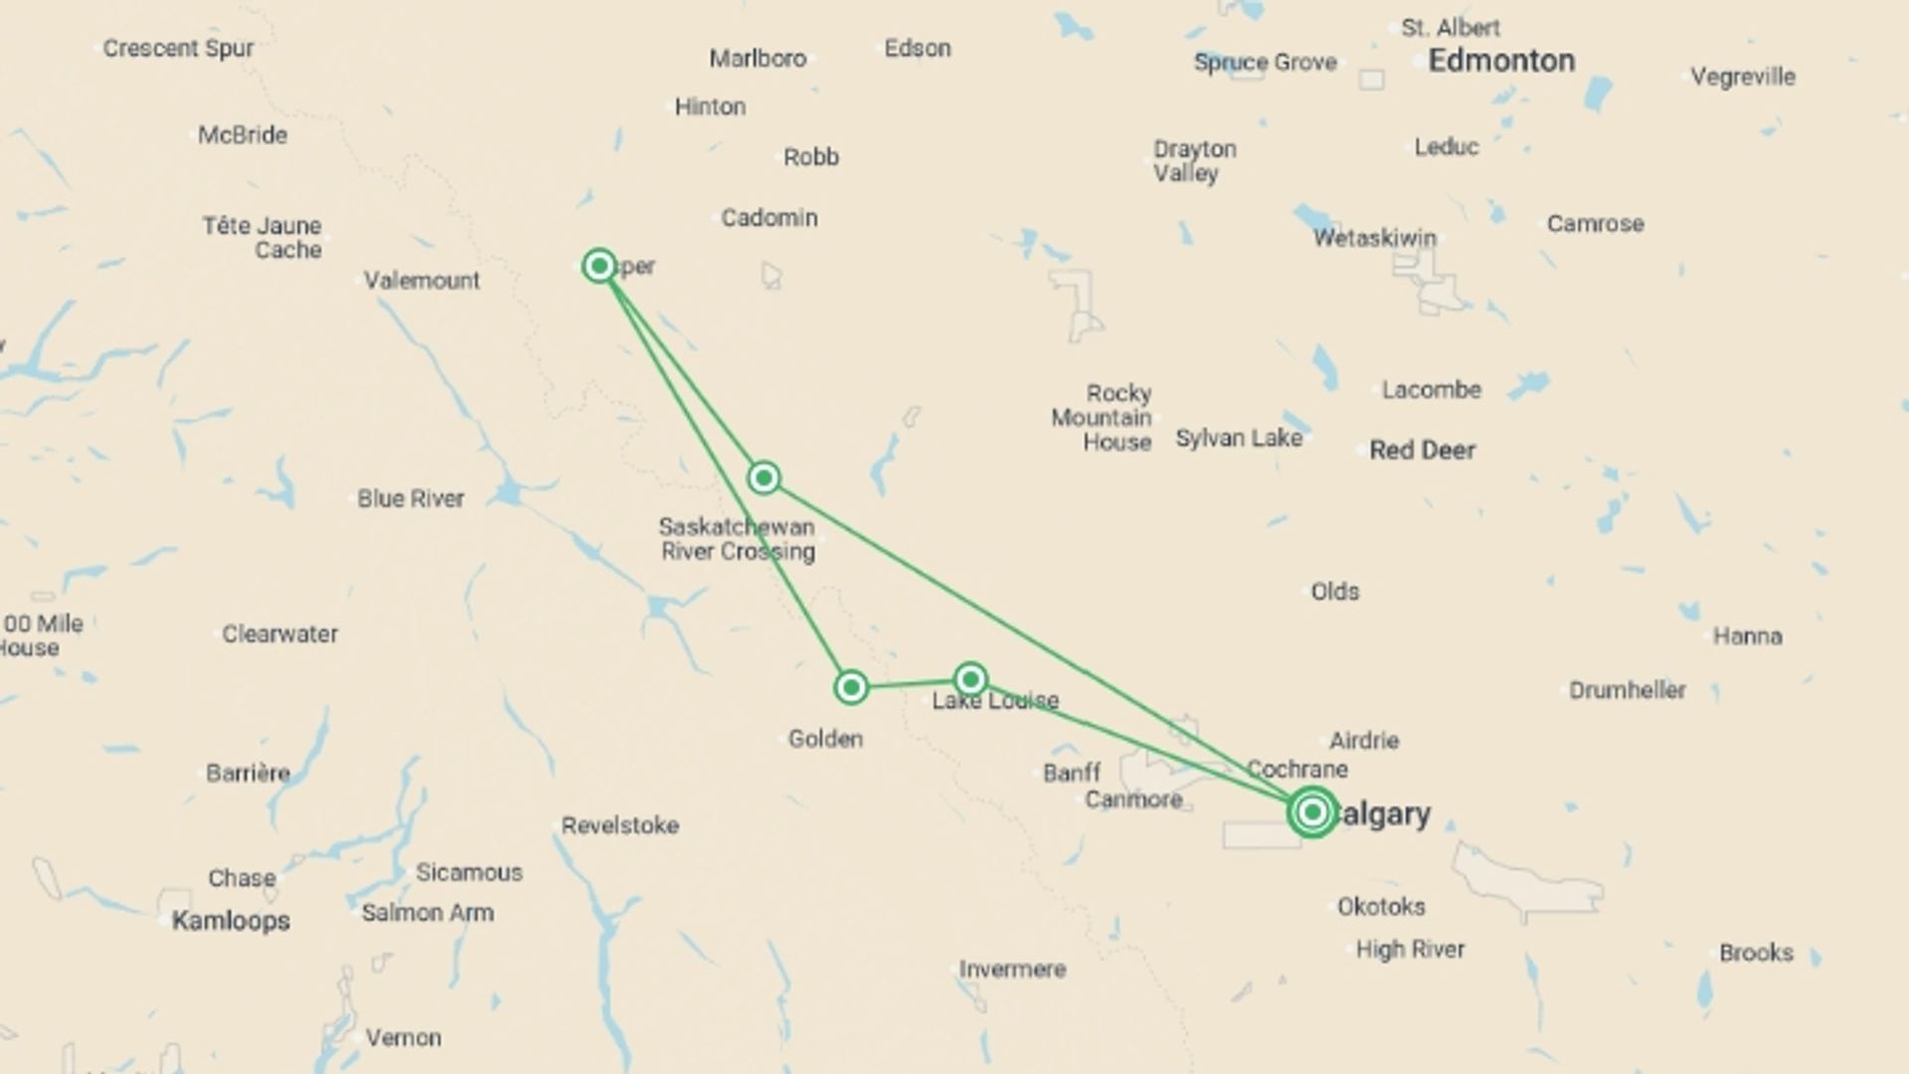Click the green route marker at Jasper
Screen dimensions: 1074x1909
[x=599, y=266]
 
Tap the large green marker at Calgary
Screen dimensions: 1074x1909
[x=1312, y=812]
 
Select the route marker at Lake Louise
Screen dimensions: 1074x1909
[x=970, y=679]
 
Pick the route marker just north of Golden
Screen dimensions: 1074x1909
[x=851, y=687]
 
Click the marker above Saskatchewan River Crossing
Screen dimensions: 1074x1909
[x=764, y=478]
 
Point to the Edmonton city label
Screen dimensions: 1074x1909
[x=1501, y=62]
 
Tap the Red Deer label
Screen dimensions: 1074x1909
[x=1422, y=450]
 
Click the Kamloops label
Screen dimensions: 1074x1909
[x=231, y=921]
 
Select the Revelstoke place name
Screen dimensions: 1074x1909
[x=619, y=825]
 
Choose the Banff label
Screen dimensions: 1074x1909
[x=1071, y=773]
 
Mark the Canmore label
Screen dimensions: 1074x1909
[x=1133, y=800]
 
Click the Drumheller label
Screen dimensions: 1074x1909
[x=1627, y=690]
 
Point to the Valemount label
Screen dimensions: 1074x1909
[x=422, y=280]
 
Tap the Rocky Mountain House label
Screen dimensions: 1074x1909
[x=1102, y=418]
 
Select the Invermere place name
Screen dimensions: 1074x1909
[x=1012, y=969]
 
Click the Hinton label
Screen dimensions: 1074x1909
[x=710, y=106]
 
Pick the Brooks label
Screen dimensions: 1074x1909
[x=1756, y=953]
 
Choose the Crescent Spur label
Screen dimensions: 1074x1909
[x=178, y=48]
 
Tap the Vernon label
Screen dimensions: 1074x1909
[x=403, y=1037]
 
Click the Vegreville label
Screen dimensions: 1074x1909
[x=1743, y=77]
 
